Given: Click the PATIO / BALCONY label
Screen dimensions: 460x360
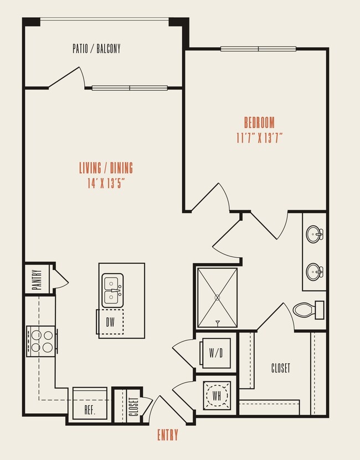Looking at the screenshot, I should [x=96, y=49].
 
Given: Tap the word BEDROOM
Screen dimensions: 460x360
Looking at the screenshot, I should [x=259, y=122].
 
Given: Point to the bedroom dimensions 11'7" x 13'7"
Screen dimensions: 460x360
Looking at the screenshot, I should [x=259, y=138].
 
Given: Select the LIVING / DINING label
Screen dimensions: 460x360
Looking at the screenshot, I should [x=105, y=168].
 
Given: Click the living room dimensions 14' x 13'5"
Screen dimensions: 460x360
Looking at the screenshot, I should [x=105, y=183].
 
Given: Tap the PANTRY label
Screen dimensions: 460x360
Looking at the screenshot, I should [x=37, y=278].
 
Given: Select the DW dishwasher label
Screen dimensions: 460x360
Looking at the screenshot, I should [x=110, y=323].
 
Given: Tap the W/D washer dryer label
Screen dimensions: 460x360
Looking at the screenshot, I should [x=216, y=352].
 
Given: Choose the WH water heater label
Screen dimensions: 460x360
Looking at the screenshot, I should [x=216, y=396].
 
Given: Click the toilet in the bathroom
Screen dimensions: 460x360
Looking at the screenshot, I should [x=307, y=309].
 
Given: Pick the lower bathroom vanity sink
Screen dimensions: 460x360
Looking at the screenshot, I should [x=315, y=271].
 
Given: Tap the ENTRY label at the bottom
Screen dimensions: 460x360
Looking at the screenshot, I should [x=168, y=436].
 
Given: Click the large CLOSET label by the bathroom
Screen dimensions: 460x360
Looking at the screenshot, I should [x=280, y=368].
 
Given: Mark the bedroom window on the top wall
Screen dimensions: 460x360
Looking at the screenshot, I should [x=258, y=49].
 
